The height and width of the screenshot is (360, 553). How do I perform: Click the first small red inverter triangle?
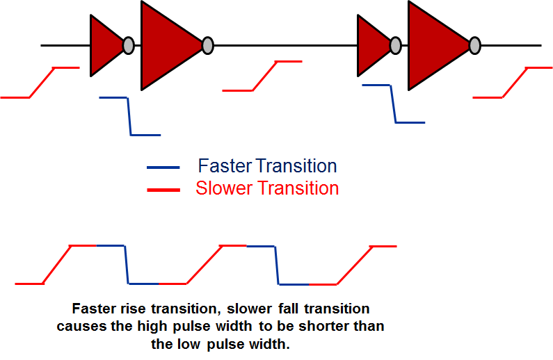[x=104, y=45]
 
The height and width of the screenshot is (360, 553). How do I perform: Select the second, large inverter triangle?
[x=167, y=45]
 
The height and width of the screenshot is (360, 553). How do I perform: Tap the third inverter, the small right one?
[x=371, y=45]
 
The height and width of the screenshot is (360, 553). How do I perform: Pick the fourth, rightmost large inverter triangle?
[x=434, y=45]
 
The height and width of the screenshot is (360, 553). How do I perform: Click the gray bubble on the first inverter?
[x=128, y=45]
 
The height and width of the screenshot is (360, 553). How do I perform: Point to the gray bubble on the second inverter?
[x=207, y=45]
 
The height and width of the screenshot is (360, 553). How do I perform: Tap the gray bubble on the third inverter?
[x=395, y=45]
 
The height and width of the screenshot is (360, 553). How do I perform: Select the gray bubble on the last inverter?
[x=474, y=45]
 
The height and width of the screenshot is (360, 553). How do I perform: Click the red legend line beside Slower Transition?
[x=163, y=189]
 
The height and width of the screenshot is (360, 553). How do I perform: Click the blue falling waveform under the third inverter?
[x=394, y=104]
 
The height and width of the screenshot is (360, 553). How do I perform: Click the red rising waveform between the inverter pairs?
[x=263, y=76]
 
